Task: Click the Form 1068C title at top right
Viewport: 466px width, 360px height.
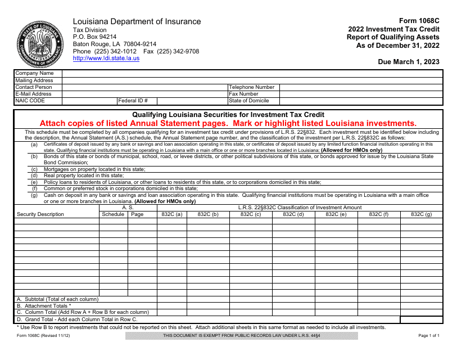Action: tap(419, 21)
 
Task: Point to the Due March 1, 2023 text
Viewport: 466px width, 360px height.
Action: tap(409, 62)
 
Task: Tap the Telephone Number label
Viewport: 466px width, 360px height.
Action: tap(252, 87)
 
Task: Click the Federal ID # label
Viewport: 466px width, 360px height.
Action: tap(133, 101)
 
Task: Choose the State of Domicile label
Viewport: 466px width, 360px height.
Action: tap(249, 101)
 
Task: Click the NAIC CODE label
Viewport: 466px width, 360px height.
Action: tap(30, 101)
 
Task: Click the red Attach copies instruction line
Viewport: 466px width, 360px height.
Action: tap(228, 123)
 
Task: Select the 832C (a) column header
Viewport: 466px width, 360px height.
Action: tap(172, 214)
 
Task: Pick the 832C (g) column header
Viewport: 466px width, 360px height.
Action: tap(421, 214)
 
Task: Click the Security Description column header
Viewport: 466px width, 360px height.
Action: tap(40, 214)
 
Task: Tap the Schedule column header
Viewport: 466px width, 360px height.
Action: tap(113, 214)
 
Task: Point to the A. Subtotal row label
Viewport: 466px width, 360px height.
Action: tap(57, 299)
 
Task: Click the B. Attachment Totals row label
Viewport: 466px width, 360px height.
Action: tap(44, 306)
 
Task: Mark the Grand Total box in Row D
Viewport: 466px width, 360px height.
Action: tap(421, 319)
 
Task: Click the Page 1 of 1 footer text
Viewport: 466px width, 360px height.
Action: tap(429, 336)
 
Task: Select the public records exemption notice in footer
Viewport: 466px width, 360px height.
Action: tap(241, 336)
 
